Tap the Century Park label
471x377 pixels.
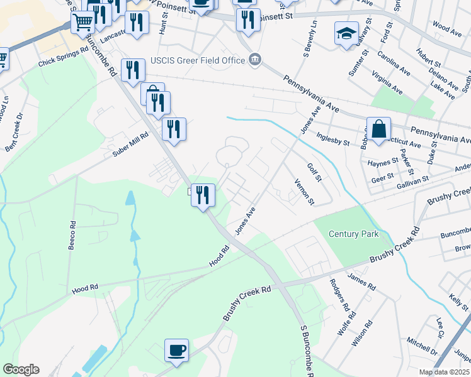354,234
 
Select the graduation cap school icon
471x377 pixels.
346,34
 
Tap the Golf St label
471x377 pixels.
314,170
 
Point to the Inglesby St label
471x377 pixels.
333,138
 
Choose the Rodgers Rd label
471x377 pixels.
338,295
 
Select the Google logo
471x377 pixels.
21,369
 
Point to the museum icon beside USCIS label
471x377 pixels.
254,60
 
